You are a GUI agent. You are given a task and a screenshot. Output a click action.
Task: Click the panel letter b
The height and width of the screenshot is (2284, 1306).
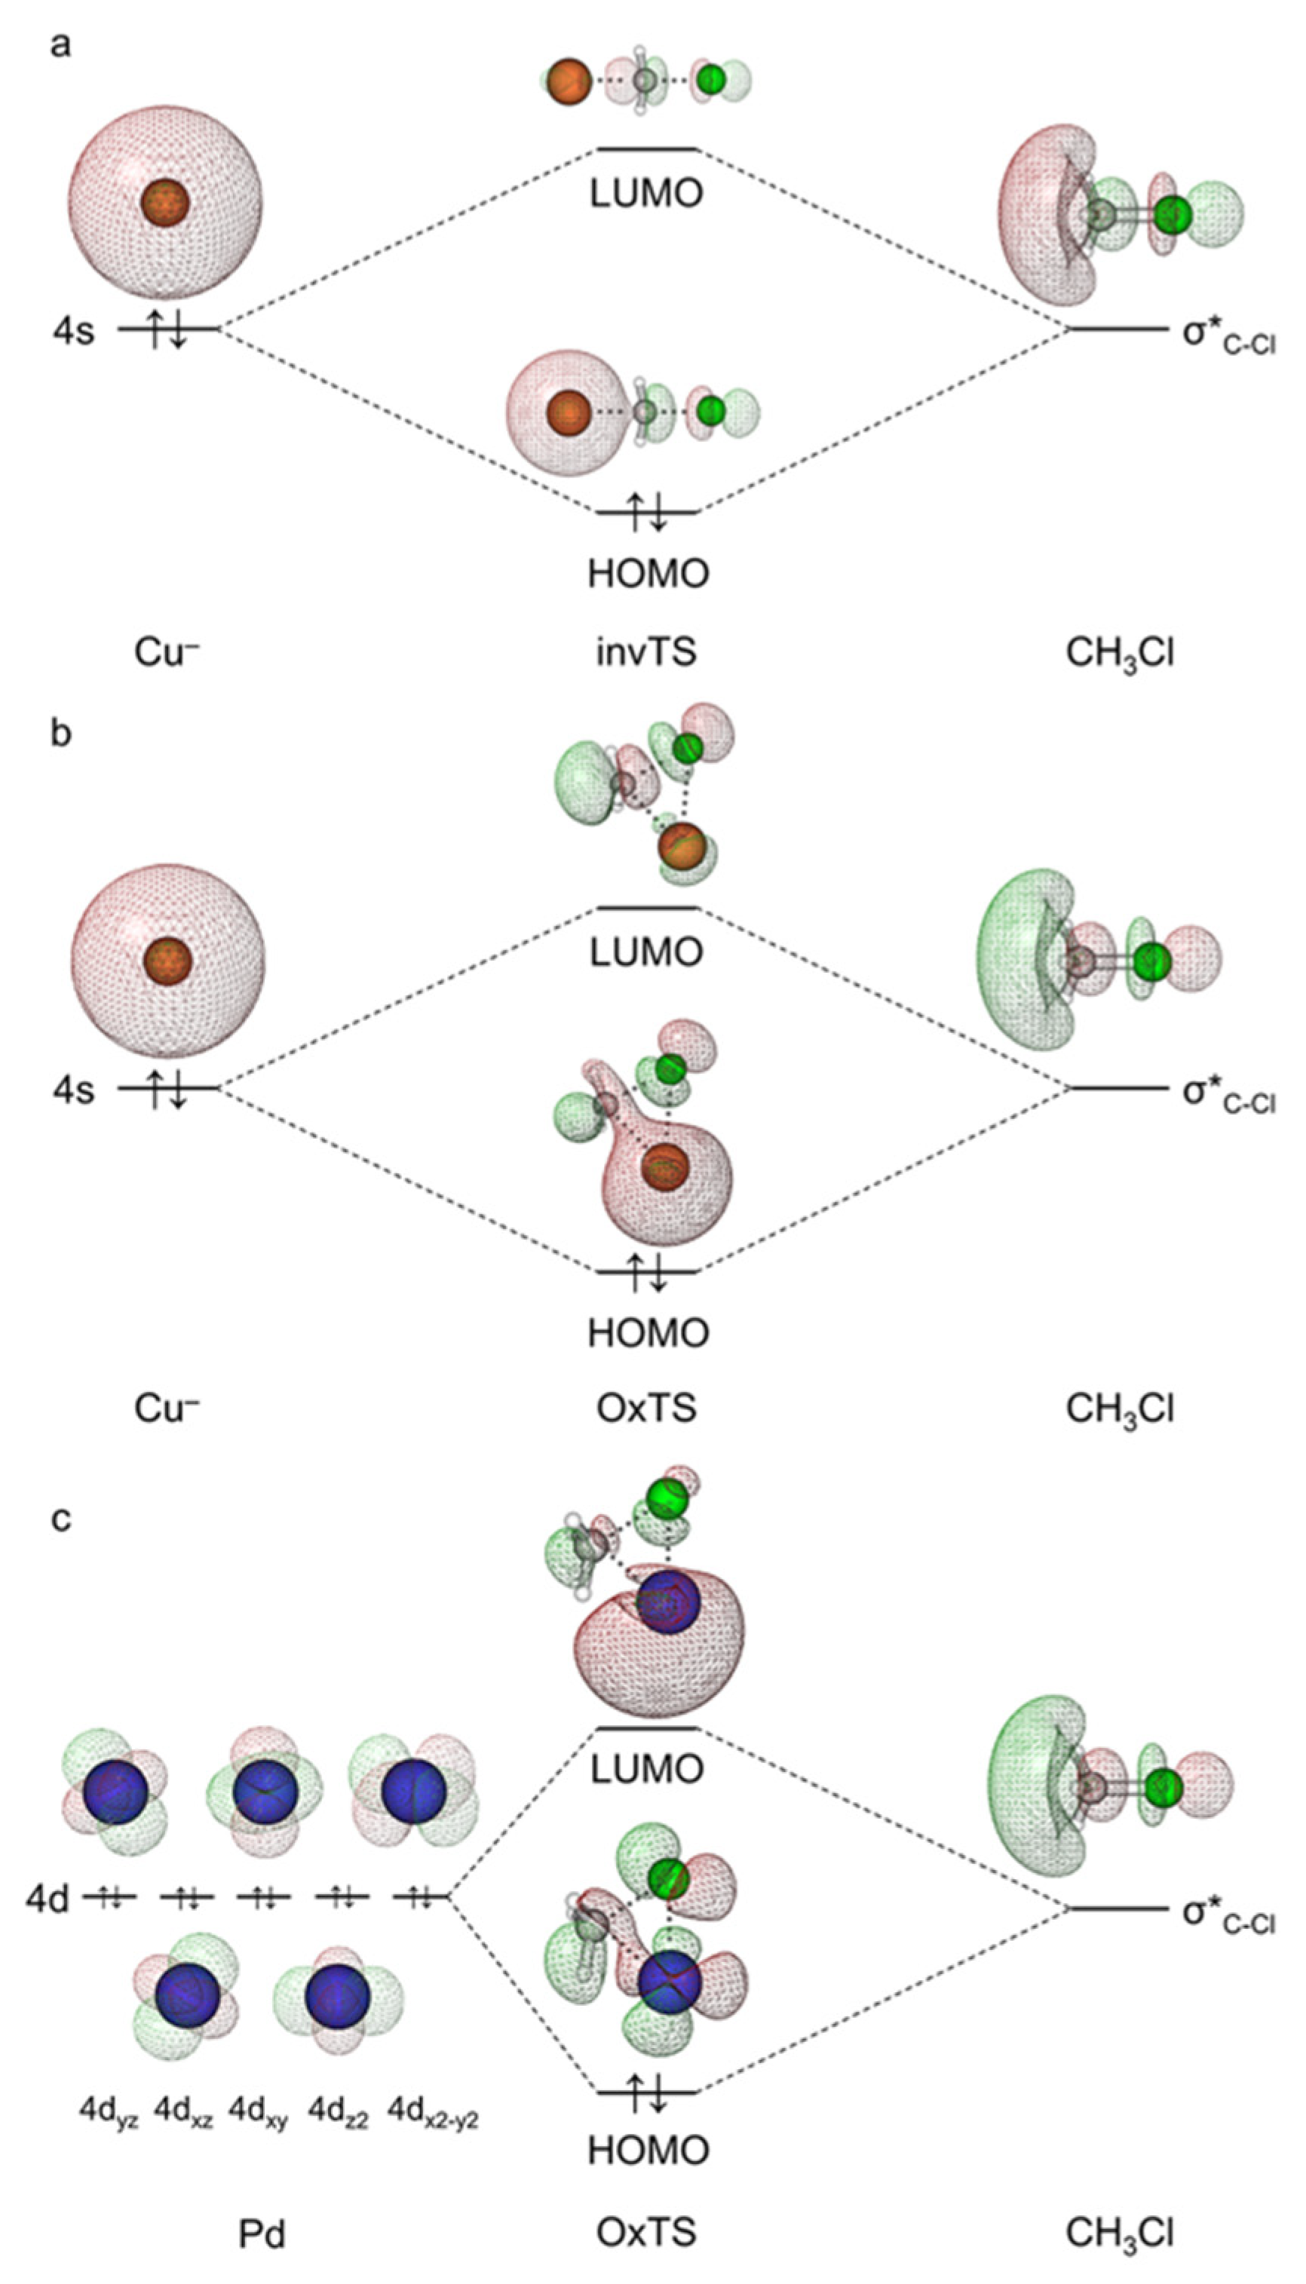(60, 734)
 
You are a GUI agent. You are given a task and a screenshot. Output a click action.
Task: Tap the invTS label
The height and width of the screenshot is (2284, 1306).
(645, 653)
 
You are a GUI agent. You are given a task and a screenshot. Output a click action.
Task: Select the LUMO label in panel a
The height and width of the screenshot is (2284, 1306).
(645, 194)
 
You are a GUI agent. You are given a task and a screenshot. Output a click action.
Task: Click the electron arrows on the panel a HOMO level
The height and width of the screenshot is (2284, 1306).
(645, 511)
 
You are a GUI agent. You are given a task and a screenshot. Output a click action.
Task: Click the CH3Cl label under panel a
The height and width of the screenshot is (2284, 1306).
(1120, 653)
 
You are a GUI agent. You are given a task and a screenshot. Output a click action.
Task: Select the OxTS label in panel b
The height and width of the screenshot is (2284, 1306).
(645, 1409)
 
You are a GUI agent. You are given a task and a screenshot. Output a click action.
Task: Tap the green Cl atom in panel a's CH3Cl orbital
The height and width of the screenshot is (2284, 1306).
(1172, 215)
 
